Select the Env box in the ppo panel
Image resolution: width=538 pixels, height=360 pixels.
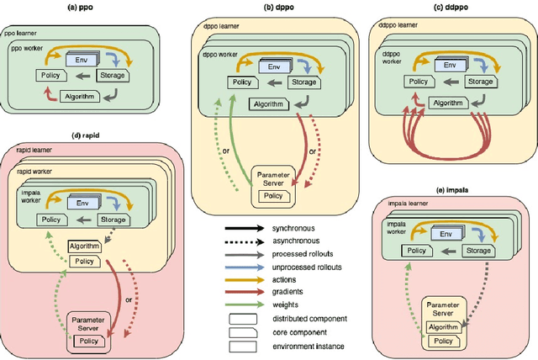pyautogui.click(x=81, y=57)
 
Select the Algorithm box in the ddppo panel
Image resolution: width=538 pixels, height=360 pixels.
pyautogui.click(x=448, y=103)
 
